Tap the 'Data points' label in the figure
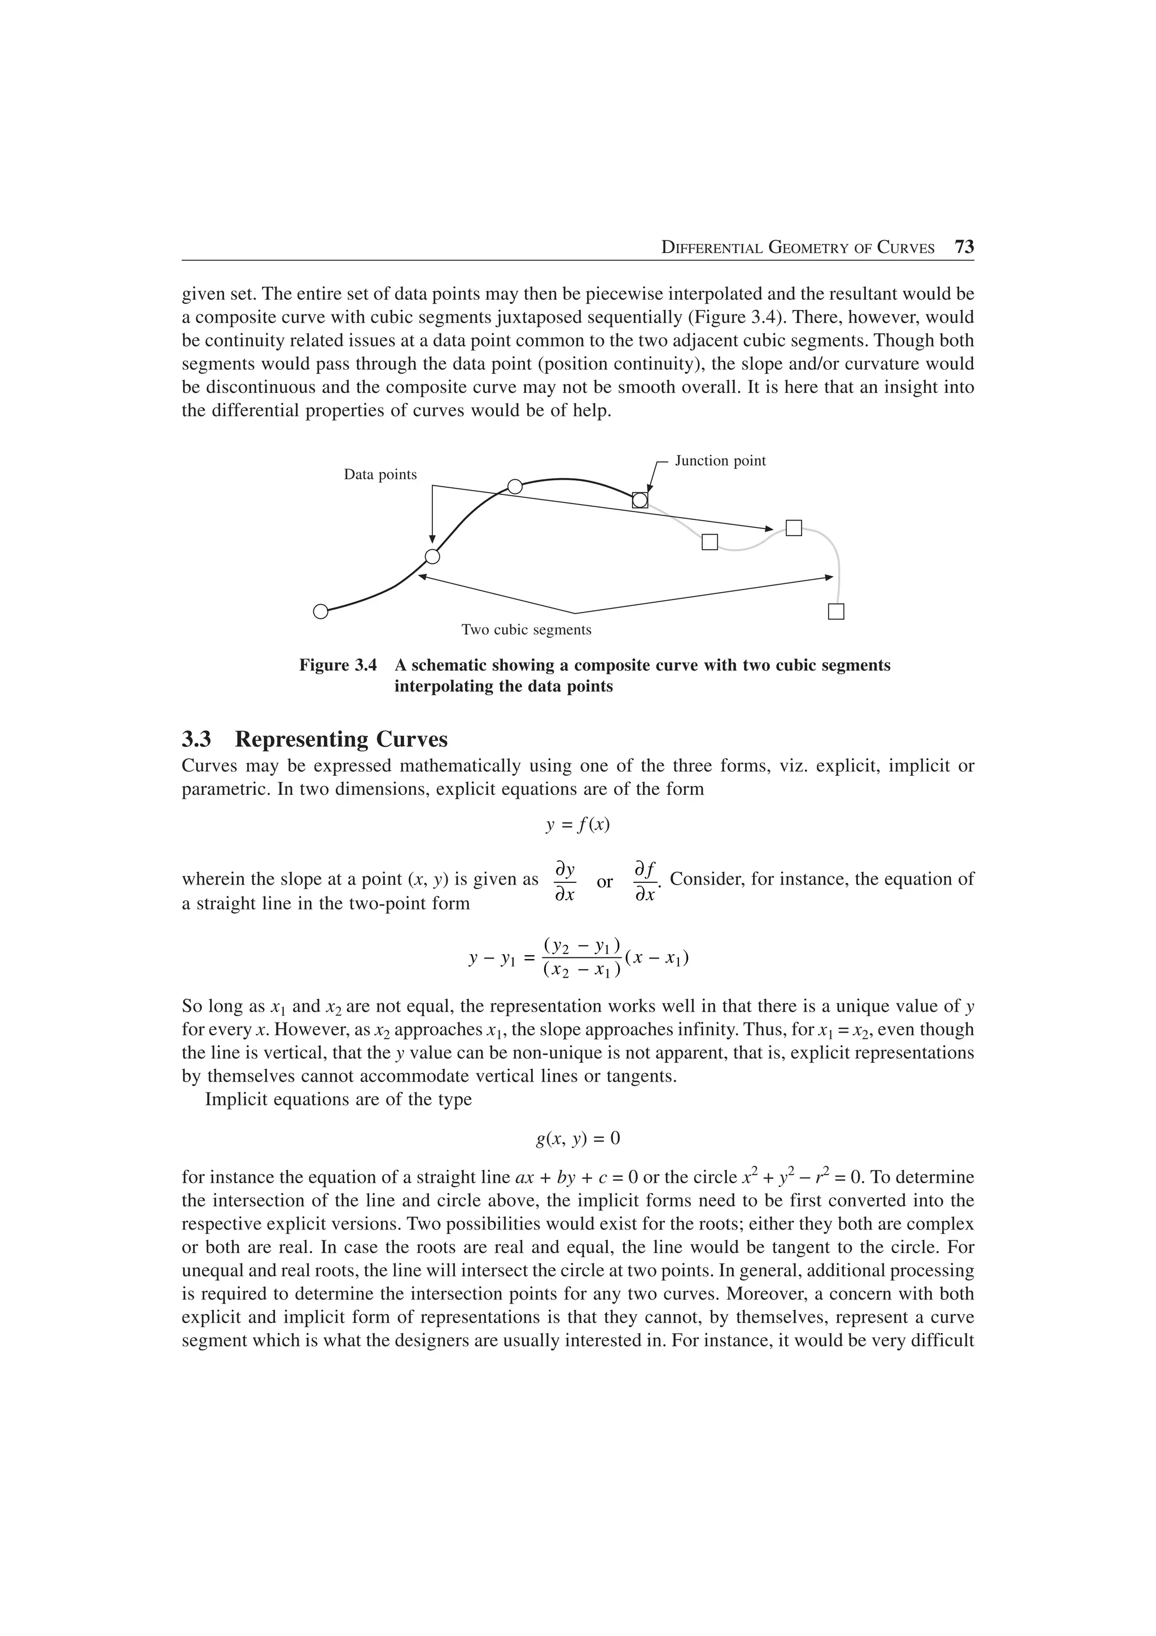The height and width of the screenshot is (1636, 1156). click(380, 475)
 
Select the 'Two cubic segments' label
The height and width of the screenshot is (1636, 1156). click(527, 630)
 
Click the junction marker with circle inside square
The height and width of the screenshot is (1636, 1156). click(640, 500)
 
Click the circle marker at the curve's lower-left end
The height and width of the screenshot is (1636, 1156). click(321, 611)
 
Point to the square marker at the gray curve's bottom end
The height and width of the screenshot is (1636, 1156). click(836, 611)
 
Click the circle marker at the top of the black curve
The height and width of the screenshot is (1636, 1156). click(515, 487)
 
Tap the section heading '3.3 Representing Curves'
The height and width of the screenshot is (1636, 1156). click(315, 739)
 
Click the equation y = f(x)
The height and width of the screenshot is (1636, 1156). click(577, 825)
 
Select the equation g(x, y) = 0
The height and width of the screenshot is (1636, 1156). click(577, 1139)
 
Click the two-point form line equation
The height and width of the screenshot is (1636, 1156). click(577, 959)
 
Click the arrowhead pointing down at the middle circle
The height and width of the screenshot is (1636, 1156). click(432, 539)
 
